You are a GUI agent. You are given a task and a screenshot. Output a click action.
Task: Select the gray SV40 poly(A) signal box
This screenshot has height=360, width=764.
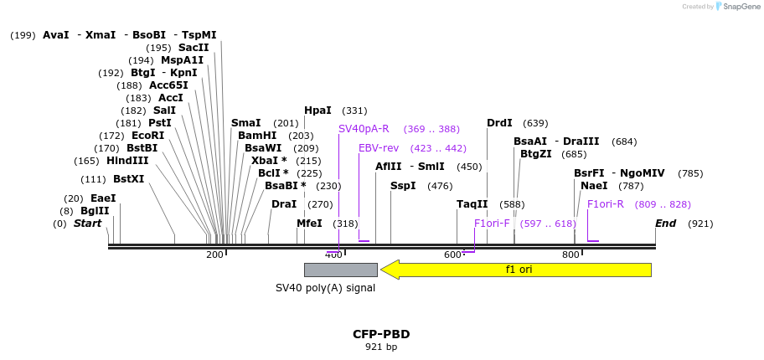[x=340, y=270]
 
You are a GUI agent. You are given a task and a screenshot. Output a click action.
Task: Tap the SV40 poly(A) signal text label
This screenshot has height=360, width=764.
[x=325, y=288]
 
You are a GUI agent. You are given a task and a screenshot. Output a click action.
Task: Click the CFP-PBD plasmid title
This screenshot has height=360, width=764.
[x=381, y=334]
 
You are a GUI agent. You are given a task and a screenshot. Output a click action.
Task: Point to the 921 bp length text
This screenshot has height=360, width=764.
[x=381, y=347]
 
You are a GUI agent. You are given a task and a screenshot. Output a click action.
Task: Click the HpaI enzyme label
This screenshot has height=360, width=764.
[x=317, y=111]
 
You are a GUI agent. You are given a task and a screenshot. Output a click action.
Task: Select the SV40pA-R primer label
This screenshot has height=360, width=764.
[x=364, y=129]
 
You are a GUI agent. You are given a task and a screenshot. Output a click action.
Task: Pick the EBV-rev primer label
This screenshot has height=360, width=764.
[x=379, y=148]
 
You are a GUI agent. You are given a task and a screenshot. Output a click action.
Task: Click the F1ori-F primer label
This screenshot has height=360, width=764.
[x=492, y=224]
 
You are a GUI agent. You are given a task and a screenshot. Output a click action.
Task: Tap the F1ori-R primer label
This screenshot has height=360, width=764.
[x=606, y=204]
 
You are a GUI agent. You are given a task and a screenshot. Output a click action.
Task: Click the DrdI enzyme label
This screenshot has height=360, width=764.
[x=499, y=123]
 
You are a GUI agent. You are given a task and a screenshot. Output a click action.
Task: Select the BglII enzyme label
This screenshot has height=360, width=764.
[x=95, y=211]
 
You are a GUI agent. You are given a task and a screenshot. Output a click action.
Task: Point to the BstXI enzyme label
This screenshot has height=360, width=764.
[x=128, y=179]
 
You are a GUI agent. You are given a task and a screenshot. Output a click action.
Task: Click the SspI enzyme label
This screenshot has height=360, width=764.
[x=403, y=186]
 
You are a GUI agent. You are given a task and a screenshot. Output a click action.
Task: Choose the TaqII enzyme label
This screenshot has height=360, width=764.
[x=472, y=204]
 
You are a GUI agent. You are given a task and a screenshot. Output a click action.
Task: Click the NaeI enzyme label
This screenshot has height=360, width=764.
[x=594, y=186]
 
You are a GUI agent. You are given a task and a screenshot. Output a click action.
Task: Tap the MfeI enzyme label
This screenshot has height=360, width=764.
[x=309, y=224]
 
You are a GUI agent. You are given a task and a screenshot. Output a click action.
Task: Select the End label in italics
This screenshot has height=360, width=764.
[x=665, y=224]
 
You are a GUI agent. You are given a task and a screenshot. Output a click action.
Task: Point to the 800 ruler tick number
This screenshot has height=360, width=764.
[x=570, y=255]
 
